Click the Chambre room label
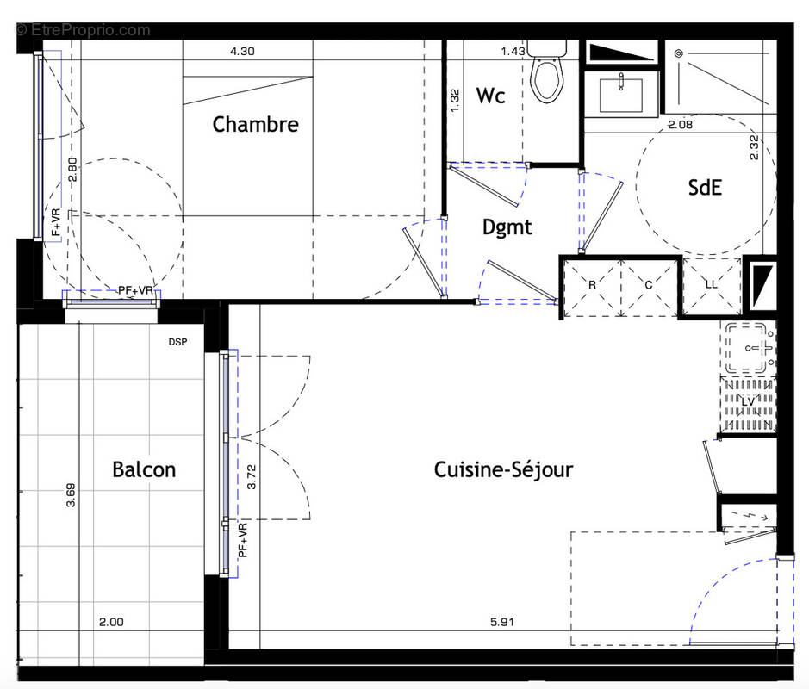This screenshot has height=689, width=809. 255,124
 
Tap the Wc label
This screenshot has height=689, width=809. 490,96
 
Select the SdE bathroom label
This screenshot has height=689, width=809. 704,188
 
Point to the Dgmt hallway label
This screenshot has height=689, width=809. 507,227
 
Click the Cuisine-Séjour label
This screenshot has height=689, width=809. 503,469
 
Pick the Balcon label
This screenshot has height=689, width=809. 144,469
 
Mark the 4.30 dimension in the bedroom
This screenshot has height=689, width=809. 242,52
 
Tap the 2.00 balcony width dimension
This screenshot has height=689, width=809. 111,622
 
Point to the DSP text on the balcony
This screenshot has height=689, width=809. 179,342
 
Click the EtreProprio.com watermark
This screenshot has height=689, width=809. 83,30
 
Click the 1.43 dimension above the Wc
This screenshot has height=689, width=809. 513,52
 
